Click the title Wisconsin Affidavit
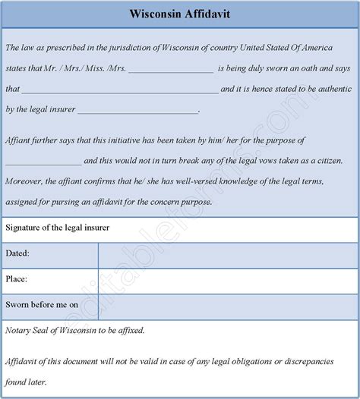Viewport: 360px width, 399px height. pos(179,13)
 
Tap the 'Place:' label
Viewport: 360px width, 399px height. pos(17,279)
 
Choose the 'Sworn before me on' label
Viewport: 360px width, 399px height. pos(42,304)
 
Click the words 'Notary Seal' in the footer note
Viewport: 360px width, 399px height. pos(29,331)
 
